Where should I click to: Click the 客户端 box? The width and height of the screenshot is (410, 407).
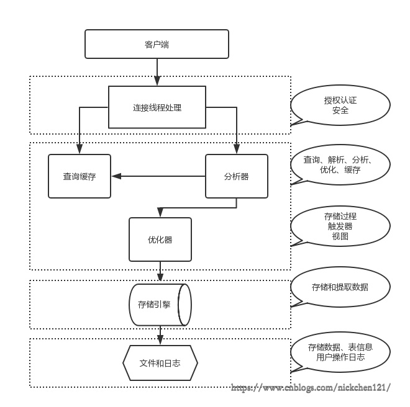(x=157, y=44)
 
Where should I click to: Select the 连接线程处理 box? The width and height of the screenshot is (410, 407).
(x=157, y=107)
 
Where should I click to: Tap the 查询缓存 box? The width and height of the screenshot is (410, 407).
(x=80, y=176)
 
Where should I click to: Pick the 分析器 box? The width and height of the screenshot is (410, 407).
(x=236, y=176)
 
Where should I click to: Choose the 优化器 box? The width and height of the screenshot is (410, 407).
(x=160, y=239)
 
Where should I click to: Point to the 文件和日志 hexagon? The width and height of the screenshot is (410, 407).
(x=160, y=363)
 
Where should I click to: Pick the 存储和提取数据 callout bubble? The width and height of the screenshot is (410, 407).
(x=341, y=287)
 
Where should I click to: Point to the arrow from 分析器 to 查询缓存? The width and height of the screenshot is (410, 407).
(x=158, y=176)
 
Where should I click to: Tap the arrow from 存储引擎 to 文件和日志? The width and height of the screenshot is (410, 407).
(x=161, y=335)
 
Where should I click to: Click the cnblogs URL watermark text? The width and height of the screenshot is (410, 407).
(x=311, y=388)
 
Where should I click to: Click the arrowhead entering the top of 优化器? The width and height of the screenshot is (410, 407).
(x=160, y=213)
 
